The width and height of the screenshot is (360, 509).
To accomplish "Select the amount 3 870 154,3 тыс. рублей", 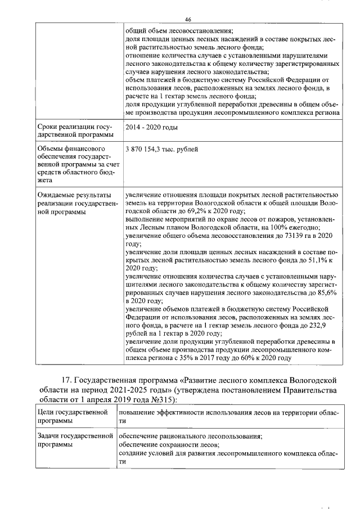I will point(161,149).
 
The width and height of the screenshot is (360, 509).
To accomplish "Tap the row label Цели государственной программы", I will point(72,417).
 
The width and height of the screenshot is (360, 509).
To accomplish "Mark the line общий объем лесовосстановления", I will point(178,30).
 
